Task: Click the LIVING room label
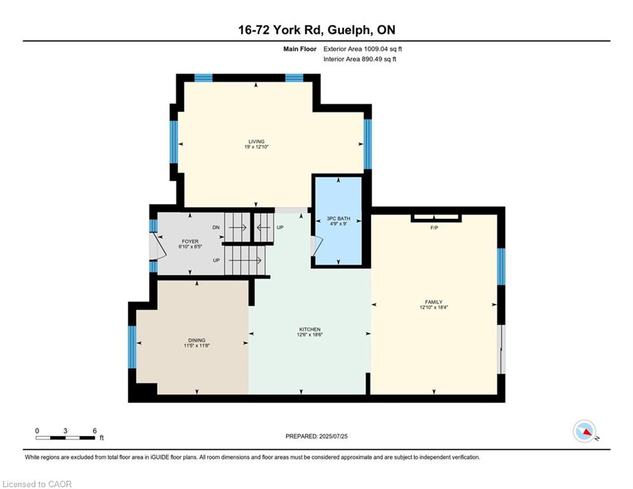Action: coord(256,141)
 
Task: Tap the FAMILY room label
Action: coord(434,302)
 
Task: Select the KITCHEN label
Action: coord(310,329)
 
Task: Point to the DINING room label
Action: coord(197,340)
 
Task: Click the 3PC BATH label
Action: coord(338,218)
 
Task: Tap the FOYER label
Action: coord(190,241)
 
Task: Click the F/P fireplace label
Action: coord(434,228)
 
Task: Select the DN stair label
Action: coord(216,227)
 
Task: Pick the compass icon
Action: coord(585,431)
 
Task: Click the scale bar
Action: coord(66,437)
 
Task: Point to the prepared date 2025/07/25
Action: coord(333,436)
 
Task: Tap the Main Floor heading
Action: coord(300,49)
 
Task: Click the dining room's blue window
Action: coord(132,347)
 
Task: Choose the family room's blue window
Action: coord(501,266)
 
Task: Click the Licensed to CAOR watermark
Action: coord(37,484)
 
